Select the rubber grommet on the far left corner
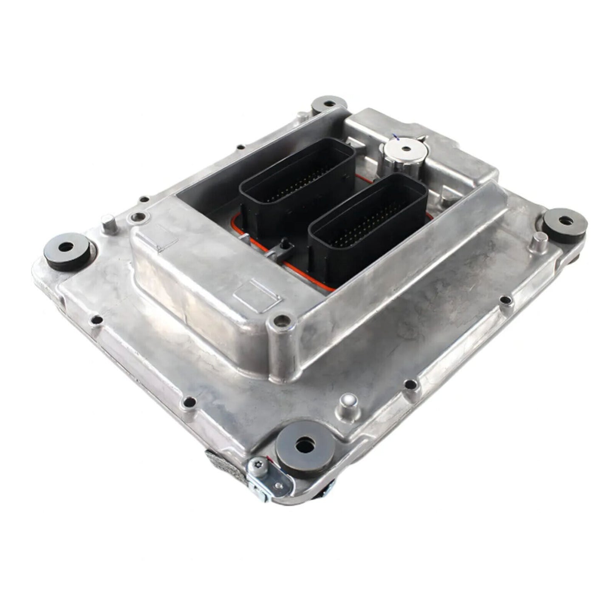pyautogui.click(x=67, y=251)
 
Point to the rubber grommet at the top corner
pyautogui.click(x=329, y=104)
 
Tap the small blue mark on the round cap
pyautogui.click(x=396, y=137)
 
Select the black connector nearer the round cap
pyautogui.click(x=368, y=221)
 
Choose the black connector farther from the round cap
pyautogui.click(x=297, y=183)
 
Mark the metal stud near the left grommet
pyautogui.click(x=108, y=221)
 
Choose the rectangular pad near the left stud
pyautogui.click(x=163, y=238)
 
